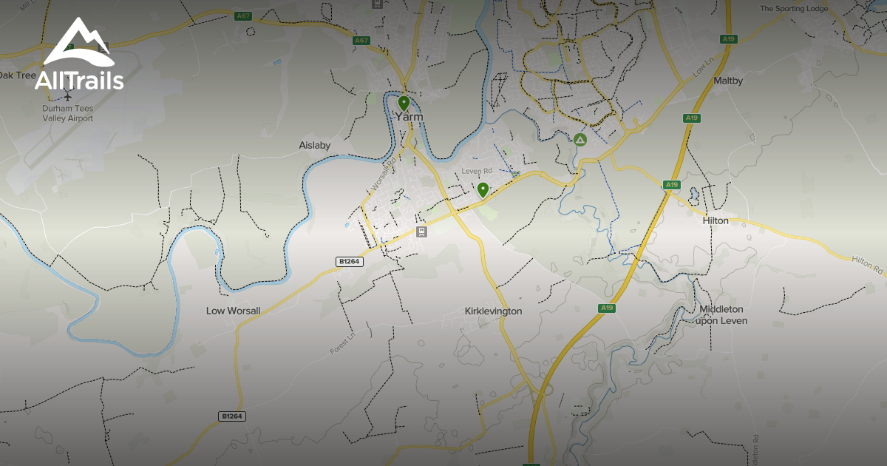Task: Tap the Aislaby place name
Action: (x=314, y=146)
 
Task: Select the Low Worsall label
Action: (x=233, y=311)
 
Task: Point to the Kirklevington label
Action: (x=494, y=311)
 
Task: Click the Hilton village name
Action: (x=716, y=220)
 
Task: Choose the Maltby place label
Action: (x=728, y=80)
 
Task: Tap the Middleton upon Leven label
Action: (x=722, y=314)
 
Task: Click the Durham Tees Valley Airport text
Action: (x=68, y=113)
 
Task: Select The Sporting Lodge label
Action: (x=794, y=9)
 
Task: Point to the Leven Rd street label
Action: (x=477, y=171)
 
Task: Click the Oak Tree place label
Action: (x=16, y=75)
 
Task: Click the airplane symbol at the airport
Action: (x=68, y=97)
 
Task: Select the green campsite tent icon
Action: (x=580, y=139)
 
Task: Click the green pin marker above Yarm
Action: (x=404, y=102)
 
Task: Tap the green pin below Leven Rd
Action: (x=483, y=189)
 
